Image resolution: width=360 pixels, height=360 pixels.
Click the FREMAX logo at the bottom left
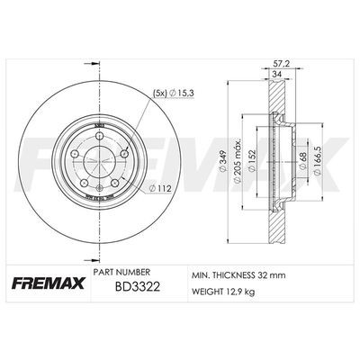[46, 285]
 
